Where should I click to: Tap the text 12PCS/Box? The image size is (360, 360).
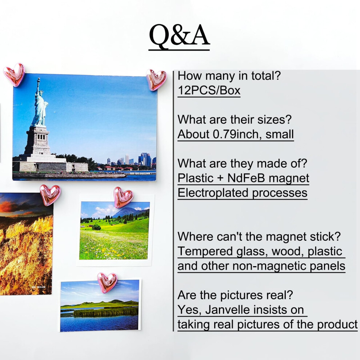click(209, 91)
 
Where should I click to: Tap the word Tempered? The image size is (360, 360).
click(205, 252)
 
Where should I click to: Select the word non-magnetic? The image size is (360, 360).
click(269, 266)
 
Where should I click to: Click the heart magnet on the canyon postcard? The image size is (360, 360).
click(50, 195)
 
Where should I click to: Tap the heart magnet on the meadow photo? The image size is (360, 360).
click(123, 197)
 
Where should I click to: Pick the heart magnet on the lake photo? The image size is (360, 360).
click(107, 283)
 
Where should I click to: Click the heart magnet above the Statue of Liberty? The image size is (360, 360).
click(14, 75)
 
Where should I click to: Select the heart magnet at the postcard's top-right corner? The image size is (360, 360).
click(156, 79)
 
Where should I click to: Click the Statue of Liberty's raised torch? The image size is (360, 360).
click(39, 81)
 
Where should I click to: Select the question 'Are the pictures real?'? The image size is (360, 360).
click(235, 295)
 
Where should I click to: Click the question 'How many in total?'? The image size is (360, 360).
click(229, 76)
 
